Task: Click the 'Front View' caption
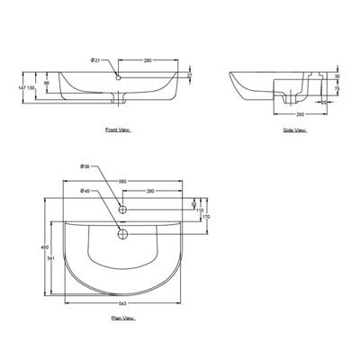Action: [x=117, y=130]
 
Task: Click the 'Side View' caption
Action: [x=294, y=130]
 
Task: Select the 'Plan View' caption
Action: [x=122, y=319]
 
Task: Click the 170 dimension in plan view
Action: [x=205, y=217]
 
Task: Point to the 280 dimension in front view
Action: [x=147, y=59]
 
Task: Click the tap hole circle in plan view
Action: [x=123, y=209]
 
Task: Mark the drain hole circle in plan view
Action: [x=123, y=236]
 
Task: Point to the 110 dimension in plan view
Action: [x=200, y=210]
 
